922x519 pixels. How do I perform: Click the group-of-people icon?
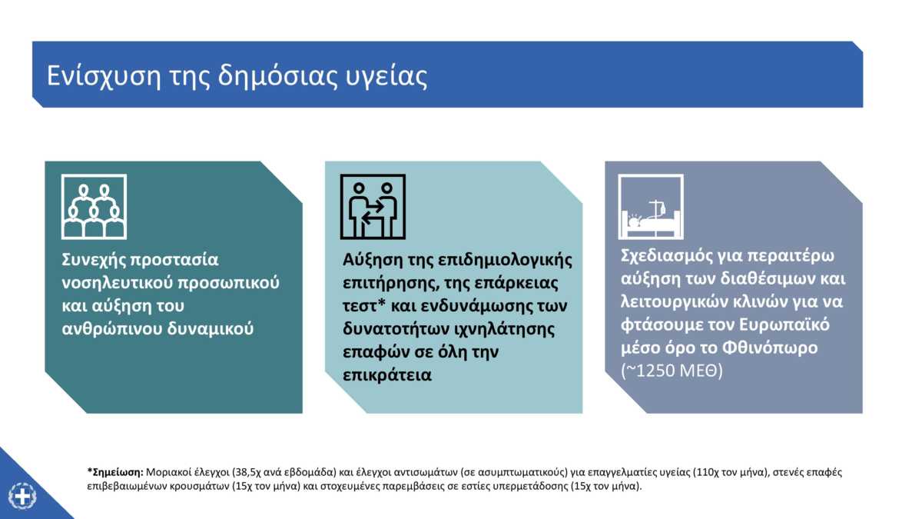(94, 207)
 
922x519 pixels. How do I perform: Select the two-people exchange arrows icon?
(373, 207)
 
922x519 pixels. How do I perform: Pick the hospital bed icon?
(651, 207)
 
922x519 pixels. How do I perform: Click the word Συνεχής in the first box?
(93, 261)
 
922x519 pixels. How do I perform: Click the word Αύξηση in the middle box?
(372, 261)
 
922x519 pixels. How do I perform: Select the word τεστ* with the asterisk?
(364, 306)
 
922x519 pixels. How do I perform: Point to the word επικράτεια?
(387, 376)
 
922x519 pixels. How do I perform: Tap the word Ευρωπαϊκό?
(784, 325)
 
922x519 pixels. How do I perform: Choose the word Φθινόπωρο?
(770, 348)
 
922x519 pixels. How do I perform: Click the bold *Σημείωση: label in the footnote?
(115, 472)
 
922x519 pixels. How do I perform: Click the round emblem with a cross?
(22, 496)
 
